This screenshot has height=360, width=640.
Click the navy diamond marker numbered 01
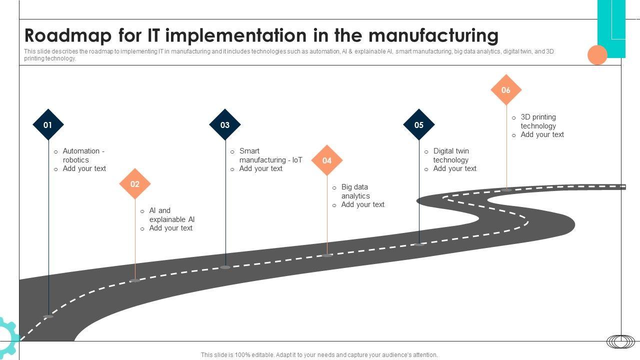tap(48, 124)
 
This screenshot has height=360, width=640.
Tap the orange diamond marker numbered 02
tap(135, 184)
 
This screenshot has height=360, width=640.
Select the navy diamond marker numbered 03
tap(225, 124)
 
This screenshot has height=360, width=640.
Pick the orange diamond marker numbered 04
tap(327, 160)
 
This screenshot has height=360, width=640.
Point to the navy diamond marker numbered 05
tap(419, 124)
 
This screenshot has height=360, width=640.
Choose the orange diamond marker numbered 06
tap(506, 90)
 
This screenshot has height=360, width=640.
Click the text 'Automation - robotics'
tap(83, 155)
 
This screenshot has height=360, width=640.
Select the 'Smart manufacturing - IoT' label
tap(270, 155)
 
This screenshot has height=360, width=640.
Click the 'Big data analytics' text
tap(355, 191)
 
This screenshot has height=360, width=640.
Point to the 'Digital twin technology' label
tap(451, 155)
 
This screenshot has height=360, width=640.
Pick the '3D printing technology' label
tap(538, 121)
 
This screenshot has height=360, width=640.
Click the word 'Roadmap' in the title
tap(68, 36)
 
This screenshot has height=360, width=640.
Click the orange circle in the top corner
tap(597, 55)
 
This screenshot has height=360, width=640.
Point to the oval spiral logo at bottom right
tap(621, 341)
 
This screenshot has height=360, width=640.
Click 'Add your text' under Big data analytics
tap(362, 204)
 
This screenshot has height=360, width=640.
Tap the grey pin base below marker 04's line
tap(327, 255)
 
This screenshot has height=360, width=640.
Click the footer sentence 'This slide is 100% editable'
tap(319, 355)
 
